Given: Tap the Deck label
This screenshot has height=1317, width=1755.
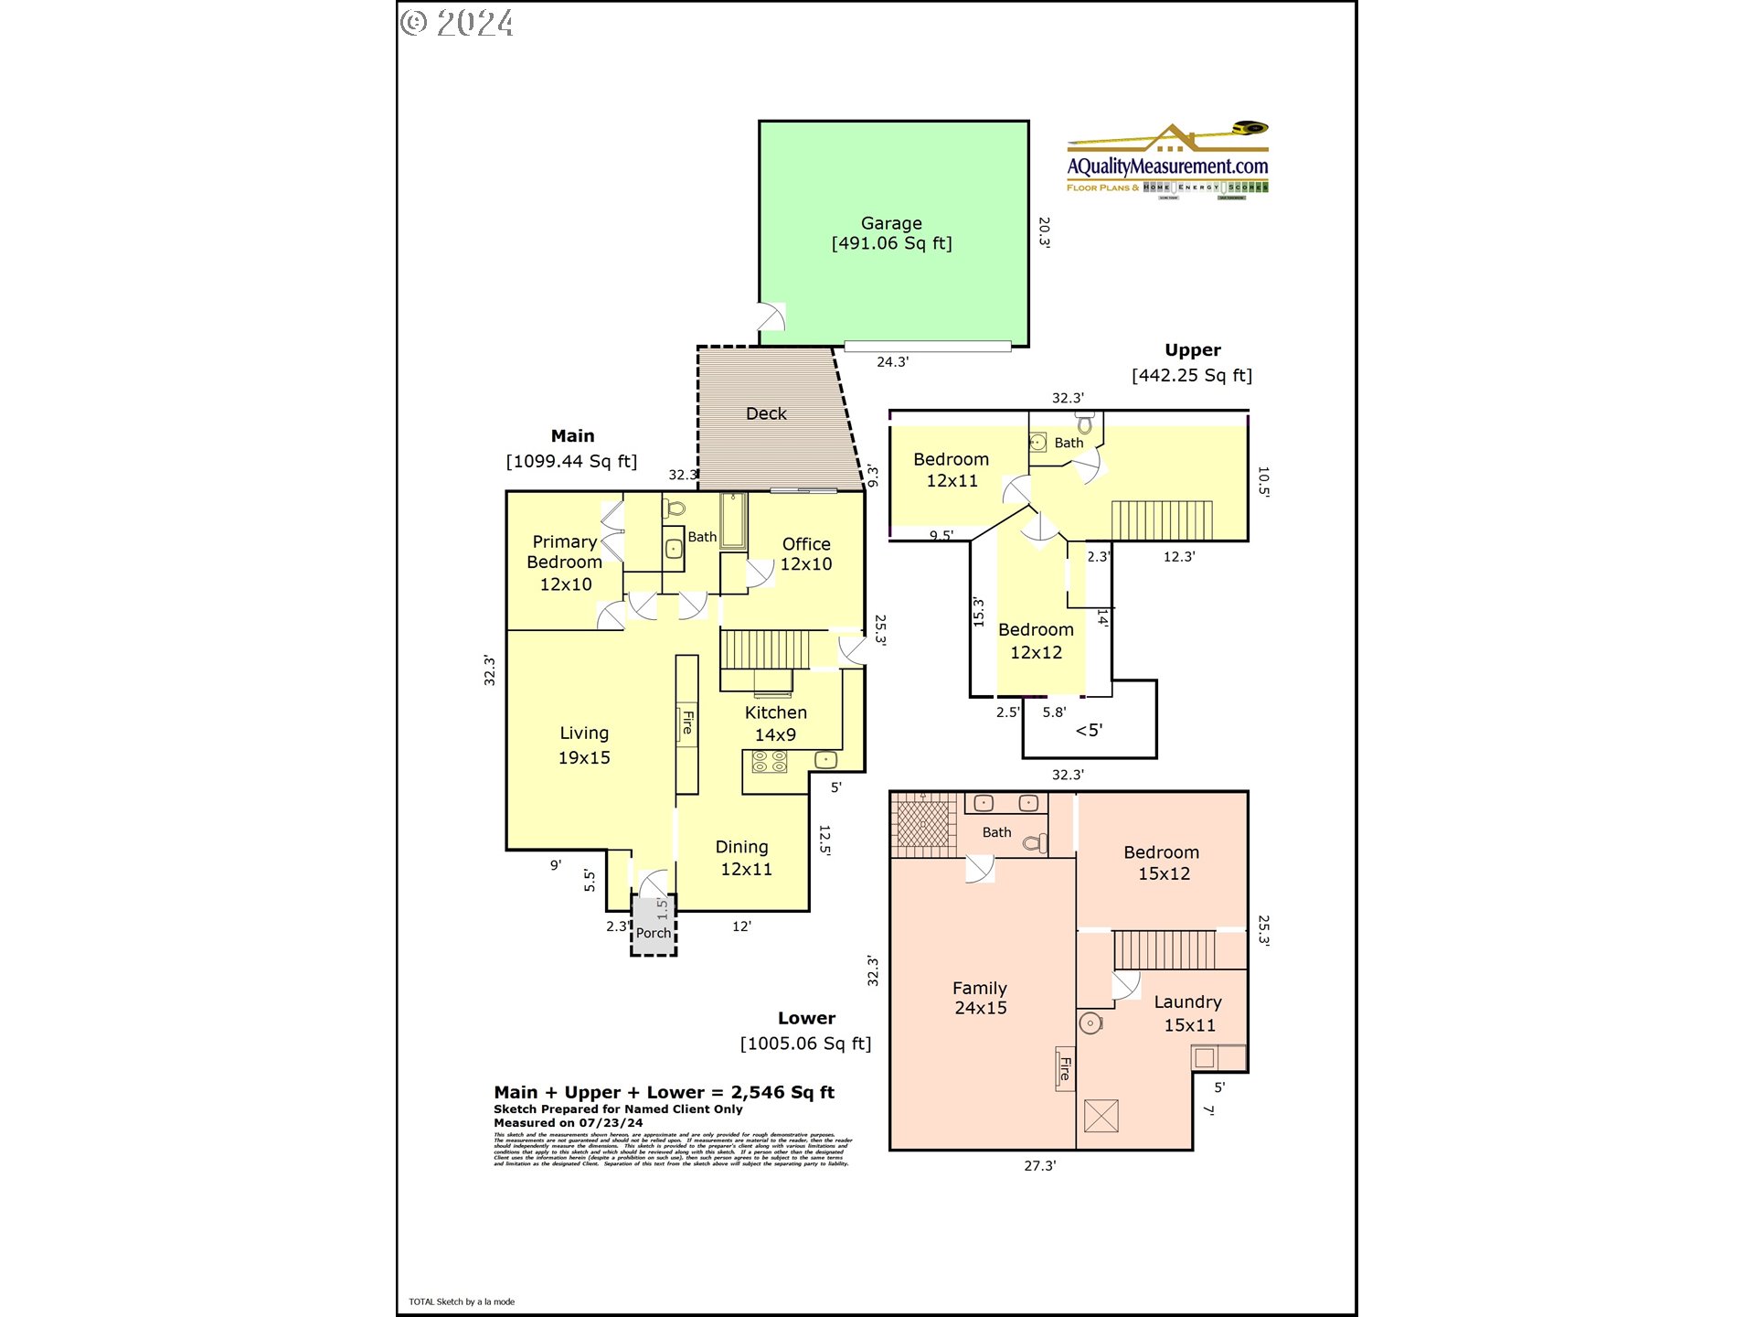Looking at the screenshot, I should pyautogui.click(x=766, y=413).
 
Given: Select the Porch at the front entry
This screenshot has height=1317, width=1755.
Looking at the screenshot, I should pyautogui.click(x=654, y=932).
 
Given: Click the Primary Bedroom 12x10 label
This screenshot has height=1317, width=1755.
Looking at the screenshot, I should pyautogui.click(x=565, y=562).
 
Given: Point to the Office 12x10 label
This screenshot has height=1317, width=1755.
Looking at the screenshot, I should pyautogui.click(x=806, y=554).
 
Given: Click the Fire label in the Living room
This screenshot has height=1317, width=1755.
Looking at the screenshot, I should pyautogui.click(x=687, y=723).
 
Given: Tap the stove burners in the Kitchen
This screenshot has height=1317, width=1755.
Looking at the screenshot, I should pyautogui.click(x=770, y=761).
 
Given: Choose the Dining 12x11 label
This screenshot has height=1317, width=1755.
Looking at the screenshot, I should pyautogui.click(x=744, y=858).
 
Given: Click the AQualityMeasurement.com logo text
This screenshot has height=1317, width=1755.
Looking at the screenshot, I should pyautogui.click(x=1167, y=166).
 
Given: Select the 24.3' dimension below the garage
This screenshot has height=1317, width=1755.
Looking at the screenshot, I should pyautogui.click(x=892, y=362).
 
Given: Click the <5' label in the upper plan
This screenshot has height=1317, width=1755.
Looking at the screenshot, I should pyautogui.click(x=1089, y=730).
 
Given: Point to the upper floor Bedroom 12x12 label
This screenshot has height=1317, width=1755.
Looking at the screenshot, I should pyautogui.click(x=1036, y=640).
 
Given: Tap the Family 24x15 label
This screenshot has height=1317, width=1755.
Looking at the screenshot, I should pyautogui.click(x=980, y=998).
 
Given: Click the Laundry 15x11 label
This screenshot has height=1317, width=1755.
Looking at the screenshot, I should pyautogui.click(x=1187, y=1013).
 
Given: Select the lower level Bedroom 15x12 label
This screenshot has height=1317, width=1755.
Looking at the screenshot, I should pyautogui.click(x=1162, y=862).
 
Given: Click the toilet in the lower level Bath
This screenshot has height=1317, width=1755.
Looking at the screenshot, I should pyautogui.click(x=1035, y=842).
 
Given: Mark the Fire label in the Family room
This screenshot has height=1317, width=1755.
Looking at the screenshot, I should pyautogui.click(x=1065, y=1068).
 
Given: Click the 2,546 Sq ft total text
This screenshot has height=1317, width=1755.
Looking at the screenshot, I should pyautogui.click(x=782, y=1092).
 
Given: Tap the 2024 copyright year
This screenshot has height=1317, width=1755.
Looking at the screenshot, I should pyautogui.click(x=474, y=23).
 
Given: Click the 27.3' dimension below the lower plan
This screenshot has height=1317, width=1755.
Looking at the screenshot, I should pyautogui.click(x=1039, y=1166).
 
